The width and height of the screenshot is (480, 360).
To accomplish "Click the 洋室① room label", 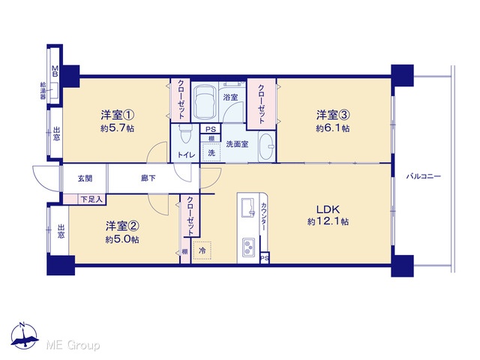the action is coord(118,115).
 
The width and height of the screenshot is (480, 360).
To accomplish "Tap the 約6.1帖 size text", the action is coord(333,128).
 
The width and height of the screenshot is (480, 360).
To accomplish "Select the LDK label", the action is coord(328,210).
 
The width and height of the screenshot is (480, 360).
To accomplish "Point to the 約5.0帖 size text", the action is coord(122,239).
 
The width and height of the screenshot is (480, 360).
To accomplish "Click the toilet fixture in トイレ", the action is coord(185,133).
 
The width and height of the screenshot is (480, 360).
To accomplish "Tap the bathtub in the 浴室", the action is coord(205,101).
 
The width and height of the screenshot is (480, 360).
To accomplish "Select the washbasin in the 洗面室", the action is coord(266,146).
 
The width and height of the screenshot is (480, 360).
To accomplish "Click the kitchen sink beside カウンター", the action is coord(248,207).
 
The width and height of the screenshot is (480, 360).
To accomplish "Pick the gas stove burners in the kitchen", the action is coord(248,247).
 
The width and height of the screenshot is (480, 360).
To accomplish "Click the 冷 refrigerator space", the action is coord(202,250).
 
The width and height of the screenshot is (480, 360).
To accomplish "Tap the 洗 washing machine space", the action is coord(211,152).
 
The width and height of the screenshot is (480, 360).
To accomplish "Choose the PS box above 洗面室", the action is coord(210,129).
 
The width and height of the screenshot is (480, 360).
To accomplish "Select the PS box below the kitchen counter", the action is coord(264,258).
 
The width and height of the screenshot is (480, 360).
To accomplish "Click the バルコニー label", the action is coord(423,176).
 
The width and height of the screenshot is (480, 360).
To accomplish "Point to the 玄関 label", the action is coord(85,178).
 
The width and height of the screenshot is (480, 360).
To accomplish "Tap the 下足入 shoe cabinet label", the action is coord(91,199).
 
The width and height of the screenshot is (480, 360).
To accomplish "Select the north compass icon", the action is coord(24,336).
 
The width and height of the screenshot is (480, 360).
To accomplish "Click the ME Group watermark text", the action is coord(73,345).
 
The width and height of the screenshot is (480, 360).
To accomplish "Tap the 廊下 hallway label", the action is coord(148,178).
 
